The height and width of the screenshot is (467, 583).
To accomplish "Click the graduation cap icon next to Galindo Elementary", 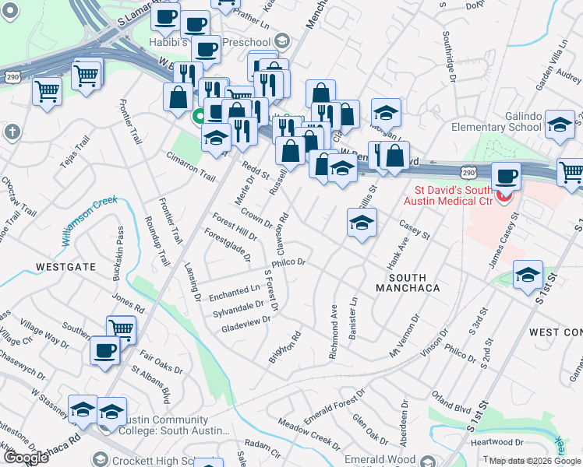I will click(559, 125).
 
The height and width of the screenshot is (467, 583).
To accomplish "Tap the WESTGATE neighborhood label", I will click(65, 266).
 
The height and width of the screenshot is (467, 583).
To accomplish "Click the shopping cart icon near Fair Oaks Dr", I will click(121, 330).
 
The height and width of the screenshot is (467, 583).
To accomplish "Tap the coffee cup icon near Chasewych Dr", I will click(104, 350).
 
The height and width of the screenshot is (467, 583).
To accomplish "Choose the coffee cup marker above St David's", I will click(506, 176).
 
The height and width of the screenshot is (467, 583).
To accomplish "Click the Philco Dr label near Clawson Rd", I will click(288, 262).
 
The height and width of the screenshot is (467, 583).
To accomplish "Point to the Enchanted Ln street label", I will click(235, 292).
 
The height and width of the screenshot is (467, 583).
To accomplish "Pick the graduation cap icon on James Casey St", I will click(528, 275).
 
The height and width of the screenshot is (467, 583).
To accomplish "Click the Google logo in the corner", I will click(26, 458).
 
